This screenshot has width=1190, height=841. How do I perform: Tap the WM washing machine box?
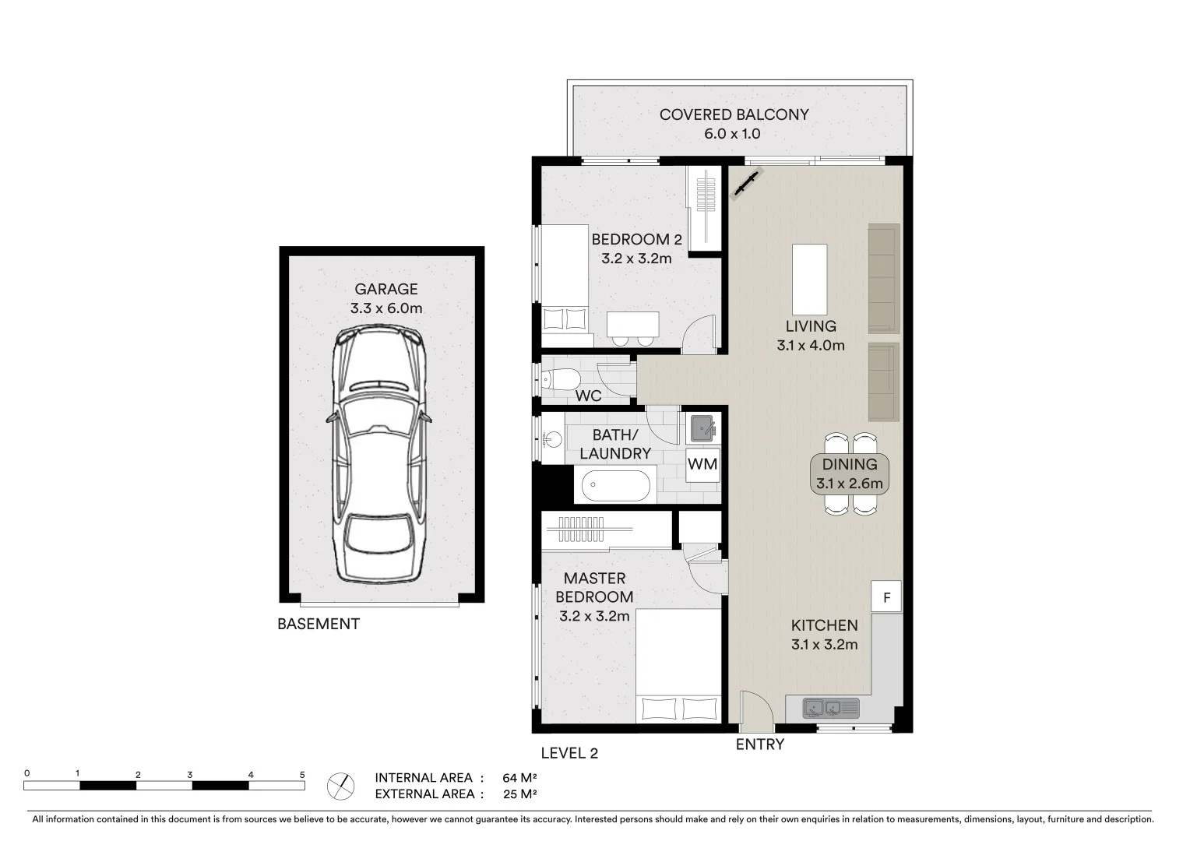click(702, 464)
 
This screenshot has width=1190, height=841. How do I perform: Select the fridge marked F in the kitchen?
click(886, 597)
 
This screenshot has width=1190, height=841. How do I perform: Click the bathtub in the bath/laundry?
click(615, 486)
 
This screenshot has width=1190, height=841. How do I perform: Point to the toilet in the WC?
click(560, 379)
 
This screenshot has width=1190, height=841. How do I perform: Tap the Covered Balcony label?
click(734, 114)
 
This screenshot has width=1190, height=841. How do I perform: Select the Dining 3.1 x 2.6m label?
click(849, 473)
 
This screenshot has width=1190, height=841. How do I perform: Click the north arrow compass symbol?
click(340, 786)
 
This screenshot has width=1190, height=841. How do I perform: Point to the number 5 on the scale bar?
click(302, 774)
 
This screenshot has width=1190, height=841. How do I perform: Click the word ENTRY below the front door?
click(759, 744)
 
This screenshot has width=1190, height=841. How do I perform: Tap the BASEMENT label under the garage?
click(319, 624)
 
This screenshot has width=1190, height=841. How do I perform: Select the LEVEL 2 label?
click(569, 753)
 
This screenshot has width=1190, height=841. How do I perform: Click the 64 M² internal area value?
click(520, 778)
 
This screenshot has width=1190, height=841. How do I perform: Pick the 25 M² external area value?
click(520, 794)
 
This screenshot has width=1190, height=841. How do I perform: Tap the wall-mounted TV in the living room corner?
click(747, 185)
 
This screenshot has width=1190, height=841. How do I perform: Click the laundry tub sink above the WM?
click(703, 428)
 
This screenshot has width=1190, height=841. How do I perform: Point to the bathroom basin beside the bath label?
click(552, 439)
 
